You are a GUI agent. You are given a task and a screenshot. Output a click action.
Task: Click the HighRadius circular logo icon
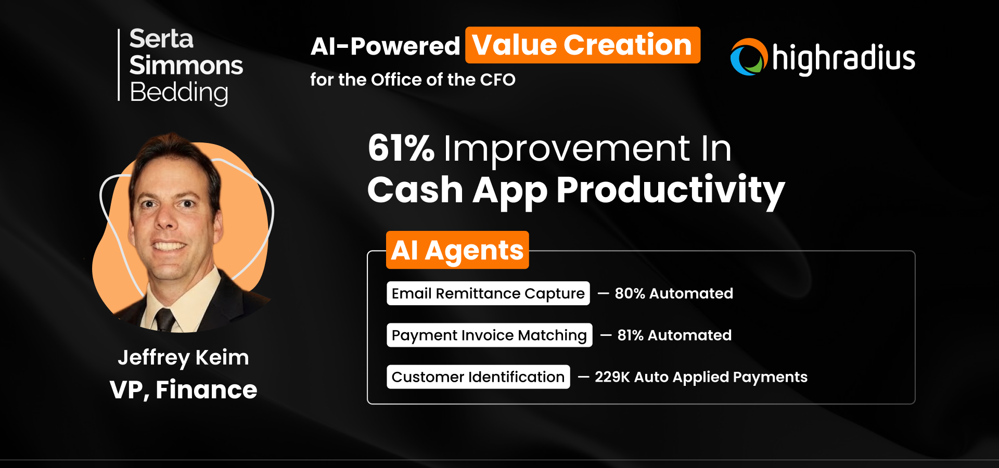coord(749,57)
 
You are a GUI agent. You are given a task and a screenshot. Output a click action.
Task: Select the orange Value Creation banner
coord(582,45)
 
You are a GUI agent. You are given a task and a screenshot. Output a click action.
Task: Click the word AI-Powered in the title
coord(385,46)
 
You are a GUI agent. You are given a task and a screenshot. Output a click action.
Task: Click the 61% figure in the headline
coord(401,148)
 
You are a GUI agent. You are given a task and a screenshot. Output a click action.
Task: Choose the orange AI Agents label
coord(457,250)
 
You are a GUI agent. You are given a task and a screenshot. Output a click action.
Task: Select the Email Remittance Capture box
coord(488,293)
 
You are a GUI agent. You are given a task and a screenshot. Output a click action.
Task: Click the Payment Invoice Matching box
coord(489,335)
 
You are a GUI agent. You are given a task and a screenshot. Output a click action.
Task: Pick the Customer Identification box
coord(478,377)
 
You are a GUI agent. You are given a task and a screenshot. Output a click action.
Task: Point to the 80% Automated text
coord(673,293)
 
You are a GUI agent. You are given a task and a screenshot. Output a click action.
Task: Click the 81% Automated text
coord(674,335)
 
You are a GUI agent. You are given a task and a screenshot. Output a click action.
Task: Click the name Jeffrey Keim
coord(183,358)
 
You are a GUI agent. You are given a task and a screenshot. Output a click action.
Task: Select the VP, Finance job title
coord(183,390)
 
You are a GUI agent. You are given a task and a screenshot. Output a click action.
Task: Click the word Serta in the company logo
coord(161,39)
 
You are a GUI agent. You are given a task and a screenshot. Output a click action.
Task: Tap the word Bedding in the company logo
coord(178,93)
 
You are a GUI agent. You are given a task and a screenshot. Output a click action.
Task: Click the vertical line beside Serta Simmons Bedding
coord(119,64)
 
